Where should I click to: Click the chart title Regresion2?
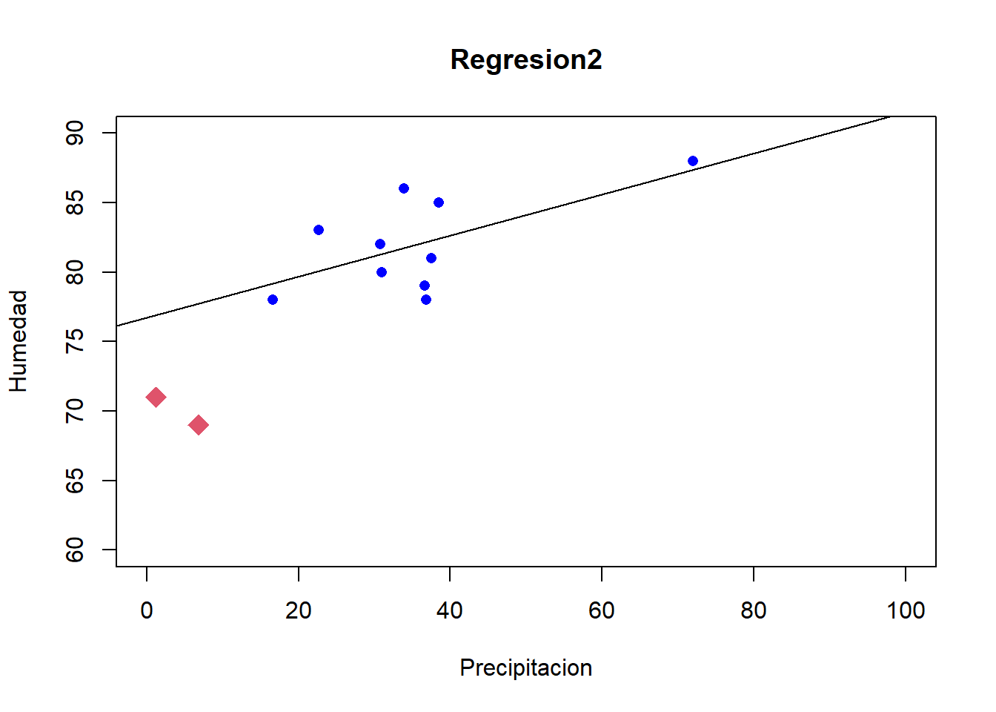[x=526, y=60]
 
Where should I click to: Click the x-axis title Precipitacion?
[x=525, y=667]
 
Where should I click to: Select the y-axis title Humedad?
[x=19, y=341]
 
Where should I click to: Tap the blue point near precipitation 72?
[x=693, y=161]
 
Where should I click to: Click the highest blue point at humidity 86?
[x=404, y=188]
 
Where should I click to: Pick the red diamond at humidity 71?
[x=156, y=398]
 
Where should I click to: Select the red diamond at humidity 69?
[x=198, y=425]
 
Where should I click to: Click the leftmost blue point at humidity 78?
[x=273, y=300]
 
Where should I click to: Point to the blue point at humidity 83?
[x=319, y=230]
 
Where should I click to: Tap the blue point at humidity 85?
[x=439, y=202]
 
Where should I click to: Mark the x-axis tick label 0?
[x=147, y=610]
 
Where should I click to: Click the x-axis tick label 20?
[x=299, y=610]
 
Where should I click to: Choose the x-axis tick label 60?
[x=602, y=610]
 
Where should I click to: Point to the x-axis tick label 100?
[x=906, y=610]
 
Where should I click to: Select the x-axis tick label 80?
[x=754, y=610]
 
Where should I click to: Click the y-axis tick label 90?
[x=75, y=133]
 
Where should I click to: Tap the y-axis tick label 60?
[x=75, y=550]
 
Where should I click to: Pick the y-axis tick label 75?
[x=75, y=341]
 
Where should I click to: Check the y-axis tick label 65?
[x=75, y=481]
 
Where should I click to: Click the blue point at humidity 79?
[x=425, y=286]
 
